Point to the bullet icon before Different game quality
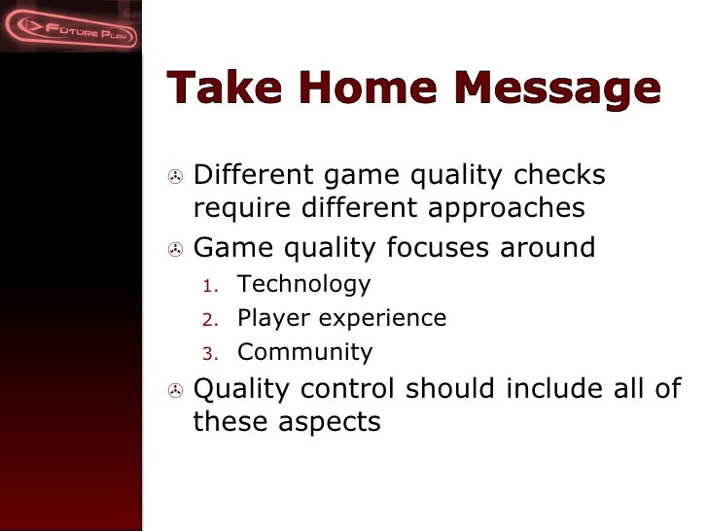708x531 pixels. point(174,177)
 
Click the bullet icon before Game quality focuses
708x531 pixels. point(174,250)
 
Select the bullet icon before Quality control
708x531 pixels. point(174,391)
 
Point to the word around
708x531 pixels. point(548,248)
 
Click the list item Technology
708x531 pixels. point(303,284)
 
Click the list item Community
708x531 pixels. point(304,352)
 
